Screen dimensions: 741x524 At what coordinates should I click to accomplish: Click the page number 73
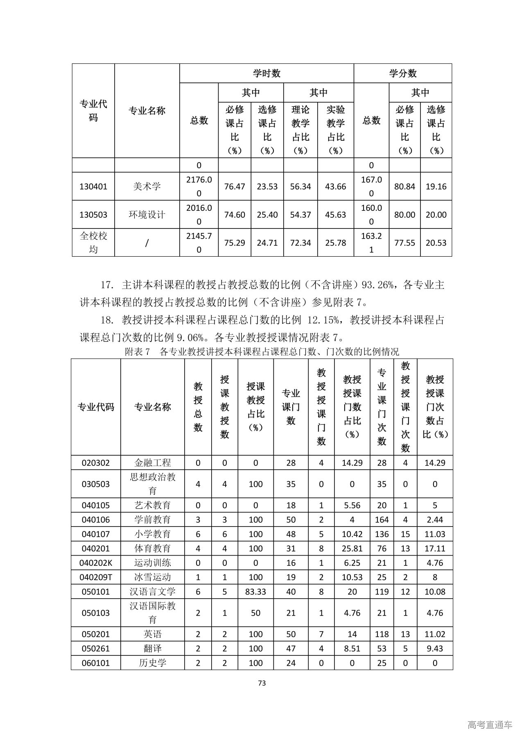pyautogui.click(x=262, y=683)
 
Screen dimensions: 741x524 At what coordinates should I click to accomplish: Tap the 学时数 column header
pyautogui.click(x=267, y=73)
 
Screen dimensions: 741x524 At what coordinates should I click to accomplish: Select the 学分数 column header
pyautogui.click(x=402, y=73)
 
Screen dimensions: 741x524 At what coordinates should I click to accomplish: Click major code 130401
pyautogui.click(x=93, y=187)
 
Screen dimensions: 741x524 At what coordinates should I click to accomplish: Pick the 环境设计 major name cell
pyautogui.click(x=147, y=215)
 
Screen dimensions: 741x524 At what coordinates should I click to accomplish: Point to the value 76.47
pyautogui.click(x=235, y=187)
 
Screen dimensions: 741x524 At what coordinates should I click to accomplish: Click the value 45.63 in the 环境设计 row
pyautogui.click(x=335, y=215)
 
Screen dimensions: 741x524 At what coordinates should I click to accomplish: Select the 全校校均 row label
pyautogui.click(x=93, y=242)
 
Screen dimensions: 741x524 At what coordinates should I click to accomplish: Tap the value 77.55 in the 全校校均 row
pyautogui.click(x=404, y=243)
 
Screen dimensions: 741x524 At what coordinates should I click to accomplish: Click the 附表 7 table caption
pyautogui.click(x=262, y=351)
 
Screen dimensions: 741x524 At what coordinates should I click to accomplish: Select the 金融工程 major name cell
pyautogui.click(x=153, y=463)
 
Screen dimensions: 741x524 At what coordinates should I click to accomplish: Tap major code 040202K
pyautogui.click(x=96, y=563)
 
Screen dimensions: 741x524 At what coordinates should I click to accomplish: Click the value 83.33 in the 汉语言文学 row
pyautogui.click(x=255, y=592)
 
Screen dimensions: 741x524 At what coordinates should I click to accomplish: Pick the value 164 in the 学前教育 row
pyautogui.click(x=382, y=520)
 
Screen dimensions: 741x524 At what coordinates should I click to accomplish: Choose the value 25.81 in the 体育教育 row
pyautogui.click(x=352, y=549)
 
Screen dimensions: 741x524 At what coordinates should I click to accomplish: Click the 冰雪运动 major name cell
pyautogui.click(x=153, y=577)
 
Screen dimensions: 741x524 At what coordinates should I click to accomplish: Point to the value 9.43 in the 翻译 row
pyautogui.click(x=435, y=648)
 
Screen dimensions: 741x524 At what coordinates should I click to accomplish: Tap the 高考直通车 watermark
pyautogui.click(x=490, y=725)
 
